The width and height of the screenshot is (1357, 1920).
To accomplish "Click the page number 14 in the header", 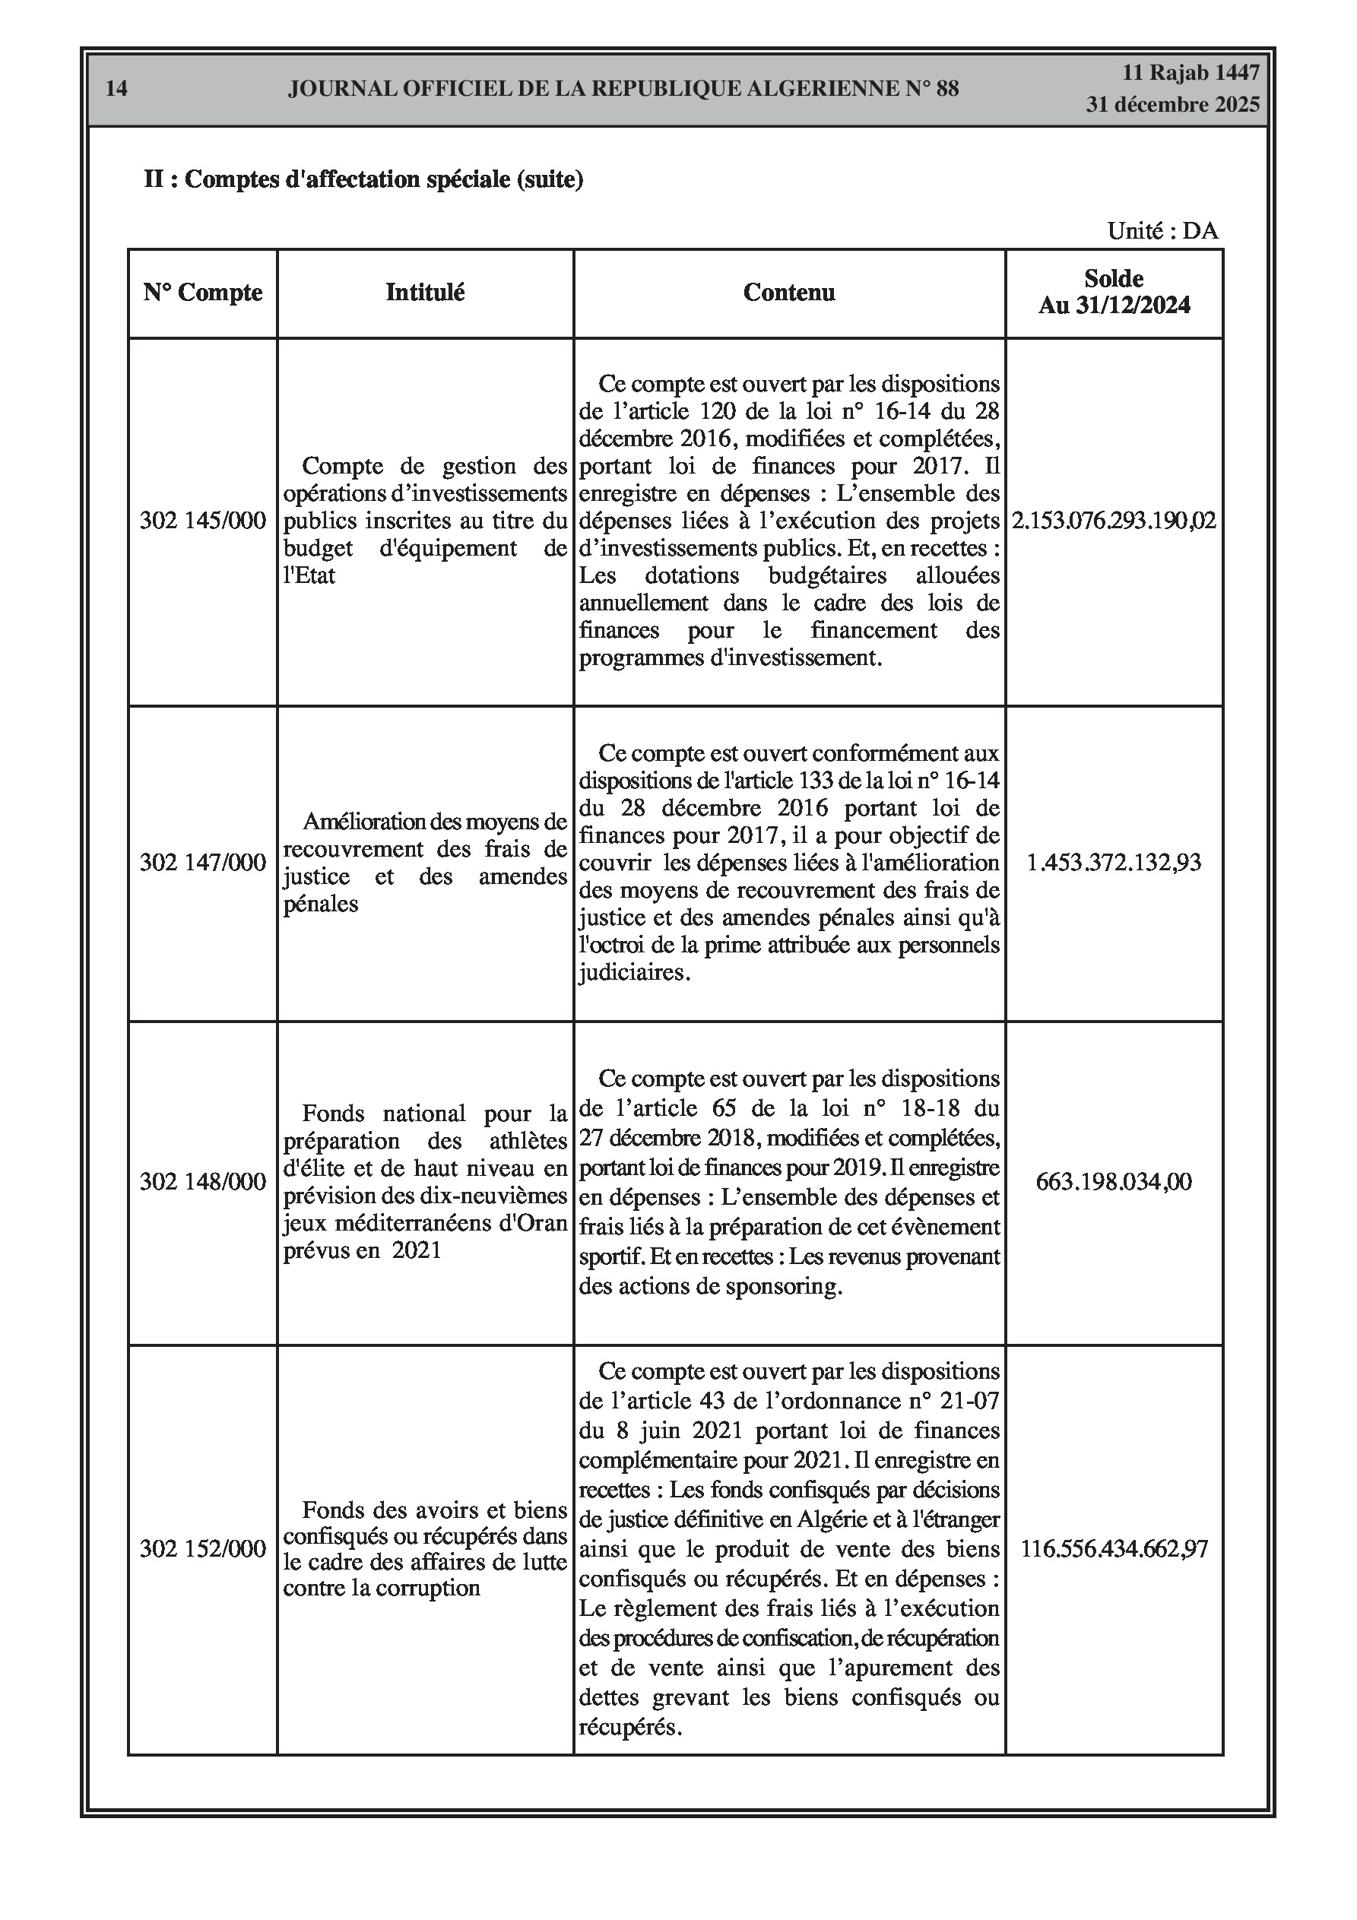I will [116, 89].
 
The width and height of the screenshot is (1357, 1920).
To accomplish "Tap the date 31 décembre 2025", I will [1172, 105].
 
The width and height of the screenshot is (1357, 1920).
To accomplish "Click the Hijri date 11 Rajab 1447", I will [1190, 73].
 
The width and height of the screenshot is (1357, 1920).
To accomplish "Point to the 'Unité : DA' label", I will [1162, 231].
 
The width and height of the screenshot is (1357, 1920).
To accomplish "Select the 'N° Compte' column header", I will [202, 293].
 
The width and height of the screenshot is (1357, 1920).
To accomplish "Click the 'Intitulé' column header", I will [425, 293].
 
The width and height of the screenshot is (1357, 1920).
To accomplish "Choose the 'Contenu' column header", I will [789, 293].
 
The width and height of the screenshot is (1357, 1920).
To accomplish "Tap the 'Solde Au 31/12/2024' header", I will [1114, 292].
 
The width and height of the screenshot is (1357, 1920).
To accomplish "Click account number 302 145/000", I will [202, 521].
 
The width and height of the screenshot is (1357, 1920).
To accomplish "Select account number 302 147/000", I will [202, 862].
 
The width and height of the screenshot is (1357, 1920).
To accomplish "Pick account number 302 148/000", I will [202, 1182].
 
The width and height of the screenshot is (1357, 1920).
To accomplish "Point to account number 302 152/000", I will [202, 1549].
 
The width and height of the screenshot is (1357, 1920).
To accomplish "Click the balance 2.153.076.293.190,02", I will [1114, 521].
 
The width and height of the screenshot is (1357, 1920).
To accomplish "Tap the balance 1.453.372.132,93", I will [1114, 862].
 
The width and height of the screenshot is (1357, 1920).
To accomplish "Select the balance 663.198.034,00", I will [1114, 1182].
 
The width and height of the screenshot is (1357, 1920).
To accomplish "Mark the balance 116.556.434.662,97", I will [1114, 1549].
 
